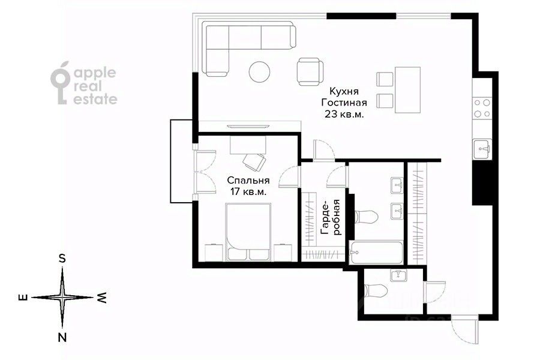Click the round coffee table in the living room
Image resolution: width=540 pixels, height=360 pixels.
(259, 71)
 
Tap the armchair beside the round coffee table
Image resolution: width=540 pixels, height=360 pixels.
(310, 71)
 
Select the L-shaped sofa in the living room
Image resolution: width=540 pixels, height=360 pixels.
(248, 49)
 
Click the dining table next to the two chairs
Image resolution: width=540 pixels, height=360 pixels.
(408, 90)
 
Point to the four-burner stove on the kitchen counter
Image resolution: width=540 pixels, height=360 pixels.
(482, 108)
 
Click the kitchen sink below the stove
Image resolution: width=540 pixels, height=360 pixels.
(482, 149)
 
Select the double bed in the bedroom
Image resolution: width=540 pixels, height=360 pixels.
(248, 232)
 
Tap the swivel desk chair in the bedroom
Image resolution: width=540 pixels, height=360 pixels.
(254, 162)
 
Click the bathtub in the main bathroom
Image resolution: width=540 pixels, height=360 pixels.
(376, 253)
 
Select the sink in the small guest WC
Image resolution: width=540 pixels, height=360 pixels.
(398, 275)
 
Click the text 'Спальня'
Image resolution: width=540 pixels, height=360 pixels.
(248, 180)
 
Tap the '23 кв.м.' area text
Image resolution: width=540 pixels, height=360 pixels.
(344, 114)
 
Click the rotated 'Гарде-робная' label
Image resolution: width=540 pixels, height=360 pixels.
(330, 217)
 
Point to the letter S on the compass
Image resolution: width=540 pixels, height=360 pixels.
(62, 258)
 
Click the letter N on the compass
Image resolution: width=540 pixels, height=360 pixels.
(62, 337)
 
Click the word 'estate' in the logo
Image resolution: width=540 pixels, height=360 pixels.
(95, 99)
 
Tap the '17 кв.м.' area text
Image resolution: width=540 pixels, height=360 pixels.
(248, 192)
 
